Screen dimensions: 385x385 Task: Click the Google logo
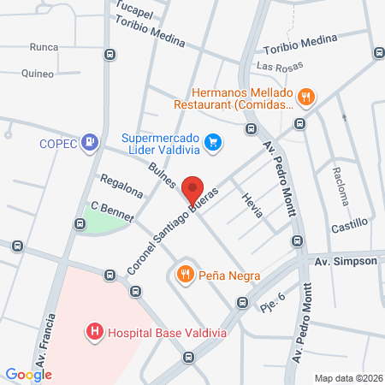(x=28, y=374)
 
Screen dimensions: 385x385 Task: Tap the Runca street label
(x=44, y=47)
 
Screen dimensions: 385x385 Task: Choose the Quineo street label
(x=37, y=74)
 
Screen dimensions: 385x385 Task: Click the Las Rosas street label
(x=274, y=67)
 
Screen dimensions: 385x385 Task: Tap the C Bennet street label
(x=111, y=211)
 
